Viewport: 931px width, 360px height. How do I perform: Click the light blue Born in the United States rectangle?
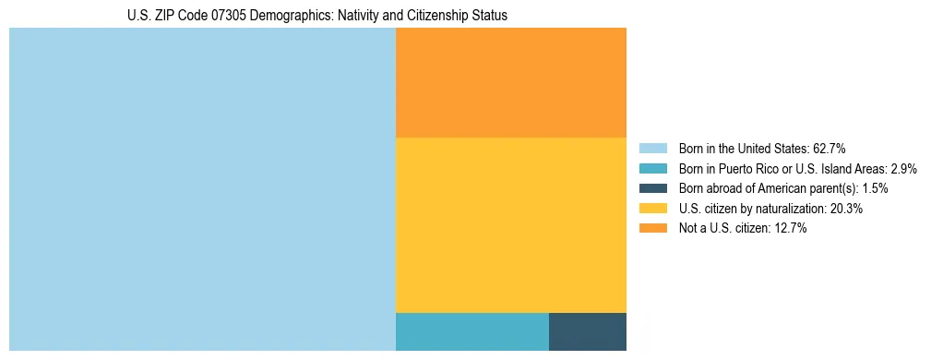pyautogui.click(x=202, y=189)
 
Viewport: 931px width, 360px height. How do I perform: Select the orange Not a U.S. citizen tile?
pyautogui.click(x=510, y=82)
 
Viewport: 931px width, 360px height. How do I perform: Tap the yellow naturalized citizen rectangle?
pyautogui.click(x=510, y=224)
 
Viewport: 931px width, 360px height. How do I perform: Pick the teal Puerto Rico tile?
pyautogui.click(x=471, y=331)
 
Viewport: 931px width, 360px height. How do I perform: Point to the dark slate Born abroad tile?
pyautogui.click(x=588, y=331)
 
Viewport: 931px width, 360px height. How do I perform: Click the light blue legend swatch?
pyautogui.click(x=652, y=149)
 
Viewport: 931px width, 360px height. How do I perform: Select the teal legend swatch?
pyautogui.click(x=652, y=169)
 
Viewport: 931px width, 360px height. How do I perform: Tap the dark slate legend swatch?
pyautogui.click(x=652, y=188)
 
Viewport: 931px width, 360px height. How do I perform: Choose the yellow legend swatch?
pyautogui.click(x=652, y=209)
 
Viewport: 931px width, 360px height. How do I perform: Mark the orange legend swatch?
pyautogui.click(x=652, y=229)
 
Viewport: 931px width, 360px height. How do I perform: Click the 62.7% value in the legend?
pyautogui.click(x=830, y=149)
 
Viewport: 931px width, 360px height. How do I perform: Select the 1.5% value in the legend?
pyautogui.click(x=875, y=188)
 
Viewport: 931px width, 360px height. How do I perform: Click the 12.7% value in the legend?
pyautogui.click(x=791, y=229)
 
